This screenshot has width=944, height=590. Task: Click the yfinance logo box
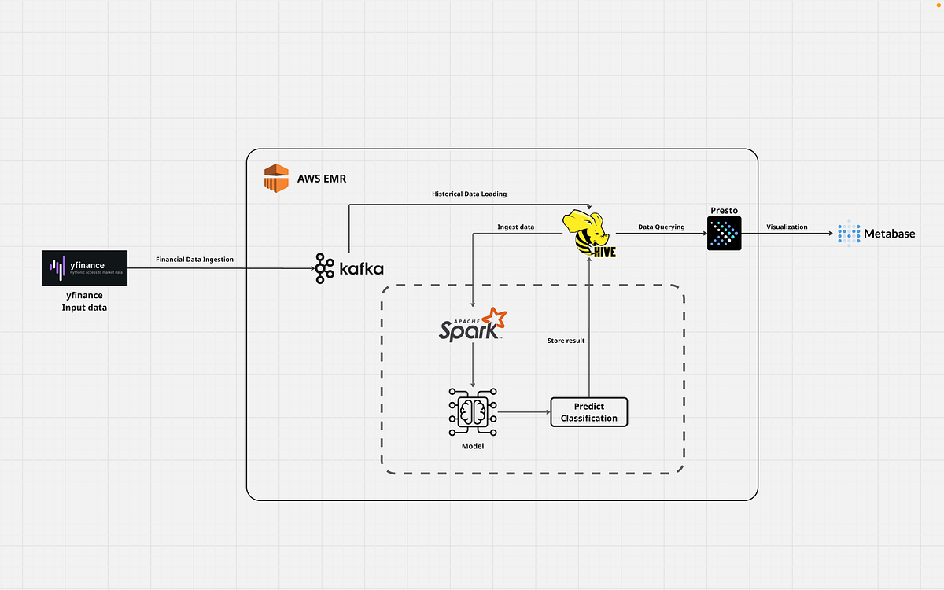tap(84, 268)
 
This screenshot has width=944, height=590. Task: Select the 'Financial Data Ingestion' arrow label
tap(194, 259)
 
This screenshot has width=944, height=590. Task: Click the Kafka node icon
tap(324, 268)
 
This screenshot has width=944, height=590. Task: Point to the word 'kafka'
tap(361, 269)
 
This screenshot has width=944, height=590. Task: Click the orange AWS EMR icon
tap(276, 178)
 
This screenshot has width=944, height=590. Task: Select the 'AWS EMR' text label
tap(321, 179)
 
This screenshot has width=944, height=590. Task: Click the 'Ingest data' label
tap(515, 227)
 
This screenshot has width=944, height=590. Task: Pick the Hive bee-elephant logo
tap(588, 233)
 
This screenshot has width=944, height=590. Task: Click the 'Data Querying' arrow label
tap(661, 227)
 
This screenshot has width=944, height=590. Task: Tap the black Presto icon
tap(724, 234)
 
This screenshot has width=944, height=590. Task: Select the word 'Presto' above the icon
tap(724, 210)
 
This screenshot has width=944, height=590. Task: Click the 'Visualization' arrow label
tap(787, 227)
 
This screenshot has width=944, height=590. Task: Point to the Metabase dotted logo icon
tap(849, 233)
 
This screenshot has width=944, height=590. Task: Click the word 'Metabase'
tap(890, 234)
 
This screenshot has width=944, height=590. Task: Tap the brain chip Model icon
tap(472, 411)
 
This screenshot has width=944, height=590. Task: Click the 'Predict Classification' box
tap(589, 412)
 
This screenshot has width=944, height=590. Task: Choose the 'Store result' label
tap(566, 341)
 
